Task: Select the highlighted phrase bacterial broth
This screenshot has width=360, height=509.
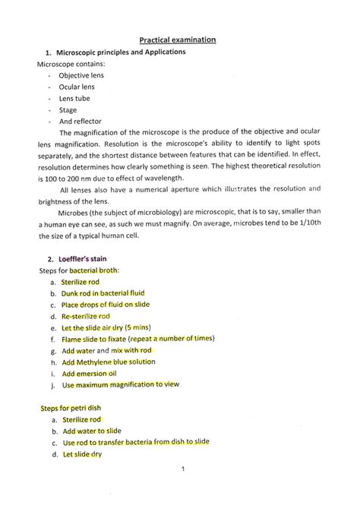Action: [x=94, y=270]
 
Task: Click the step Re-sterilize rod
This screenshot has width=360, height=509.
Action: [x=86, y=315]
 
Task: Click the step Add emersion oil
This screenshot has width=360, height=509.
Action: [x=89, y=374]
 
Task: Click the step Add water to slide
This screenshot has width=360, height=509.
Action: [x=92, y=431]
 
